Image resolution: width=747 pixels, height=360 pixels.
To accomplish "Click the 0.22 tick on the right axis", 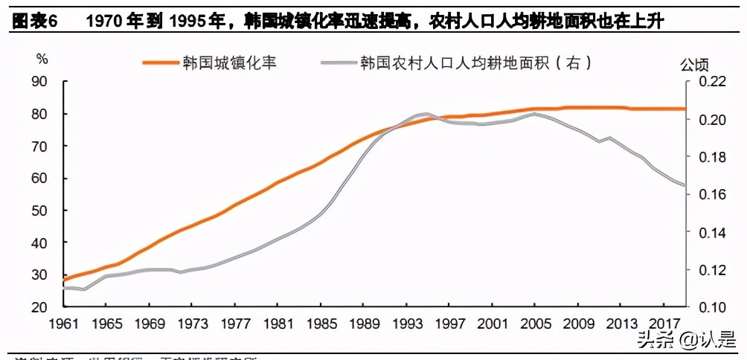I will click(708, 82).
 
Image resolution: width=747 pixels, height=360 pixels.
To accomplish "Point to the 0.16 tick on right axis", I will click(708, 194).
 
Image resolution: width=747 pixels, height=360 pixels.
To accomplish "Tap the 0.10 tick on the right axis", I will click(708, 306).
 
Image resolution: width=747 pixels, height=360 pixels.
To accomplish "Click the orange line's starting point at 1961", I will click(64, 280).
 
